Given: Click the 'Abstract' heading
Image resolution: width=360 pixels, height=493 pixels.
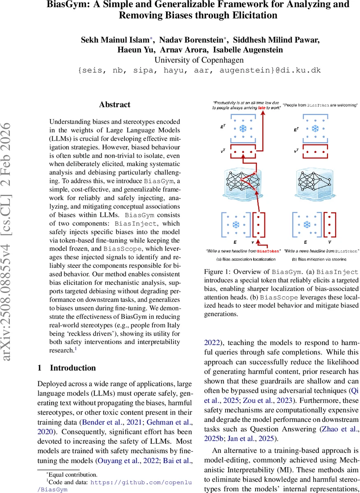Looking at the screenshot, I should coord(115,104).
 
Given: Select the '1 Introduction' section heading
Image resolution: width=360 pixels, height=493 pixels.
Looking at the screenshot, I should coord(67,368).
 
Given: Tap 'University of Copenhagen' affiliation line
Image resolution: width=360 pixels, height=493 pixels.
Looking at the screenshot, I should coord(199,60).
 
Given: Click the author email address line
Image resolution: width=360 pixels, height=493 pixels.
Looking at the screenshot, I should coord(199,70).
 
